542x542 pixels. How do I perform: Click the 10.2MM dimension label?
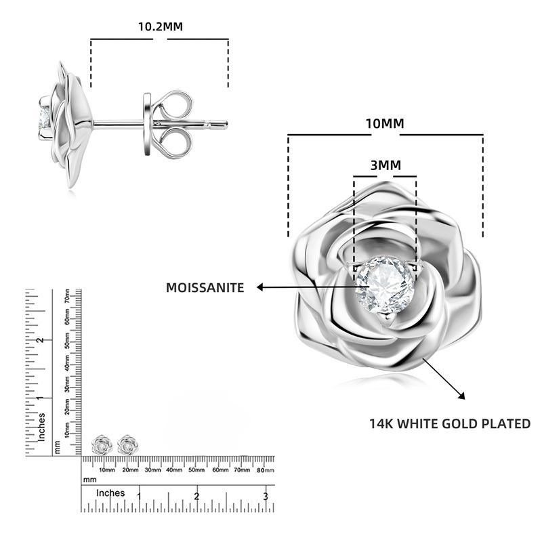(x=161, y=26)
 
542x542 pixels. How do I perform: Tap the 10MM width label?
(x=385, y=123)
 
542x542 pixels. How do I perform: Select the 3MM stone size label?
(x=385, y=165)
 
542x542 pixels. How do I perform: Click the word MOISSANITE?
(x=205, y=287)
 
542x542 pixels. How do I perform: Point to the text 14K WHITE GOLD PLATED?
(x=450, y=423)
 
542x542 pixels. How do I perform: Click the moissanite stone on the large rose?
(x=385, y=285)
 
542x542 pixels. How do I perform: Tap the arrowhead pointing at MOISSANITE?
(x=260, y=287)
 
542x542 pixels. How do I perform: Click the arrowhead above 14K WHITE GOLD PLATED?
(x=461, y=396)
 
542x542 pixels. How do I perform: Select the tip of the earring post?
(x=226, y=124)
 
